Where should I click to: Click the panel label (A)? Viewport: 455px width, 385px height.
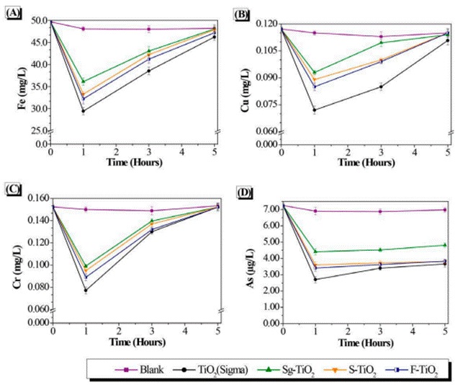coord(13,13)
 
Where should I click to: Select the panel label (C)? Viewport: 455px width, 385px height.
coord(13,189)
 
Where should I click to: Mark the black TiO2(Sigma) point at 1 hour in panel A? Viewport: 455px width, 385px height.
coord(84,110)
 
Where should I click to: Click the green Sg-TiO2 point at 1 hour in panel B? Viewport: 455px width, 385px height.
coord(315,73)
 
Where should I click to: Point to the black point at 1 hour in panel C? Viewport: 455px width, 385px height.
coord(86,291)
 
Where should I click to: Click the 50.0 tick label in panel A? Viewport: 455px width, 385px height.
coord(37,21)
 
